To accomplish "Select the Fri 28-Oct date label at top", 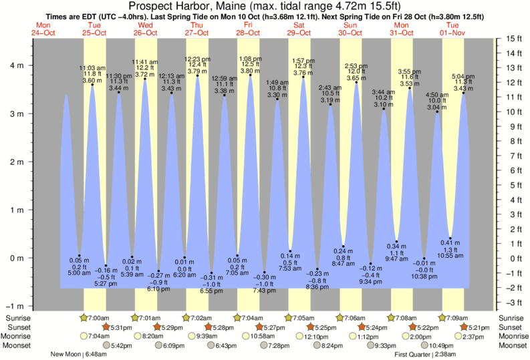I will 247,29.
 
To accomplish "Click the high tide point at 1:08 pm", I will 251,75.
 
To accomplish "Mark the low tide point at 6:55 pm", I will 211,273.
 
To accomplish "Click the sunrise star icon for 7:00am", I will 84,318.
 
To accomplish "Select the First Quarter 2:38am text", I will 425,354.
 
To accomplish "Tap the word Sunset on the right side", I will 513,327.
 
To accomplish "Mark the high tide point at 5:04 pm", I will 463,93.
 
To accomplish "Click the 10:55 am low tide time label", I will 450,256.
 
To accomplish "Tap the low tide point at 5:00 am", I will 79,255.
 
